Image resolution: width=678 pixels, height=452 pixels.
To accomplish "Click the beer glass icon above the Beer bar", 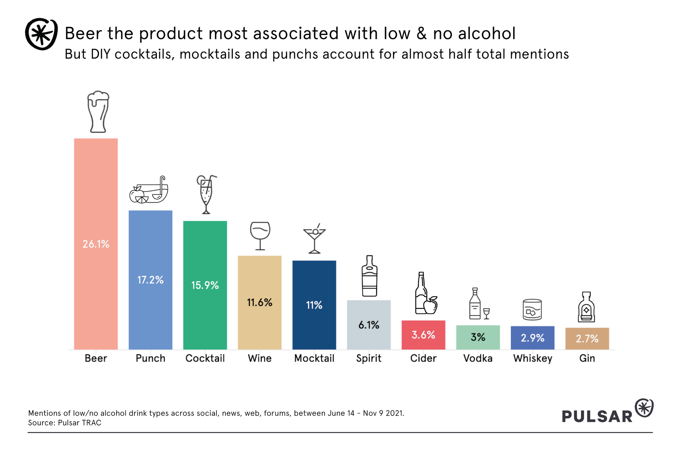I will coord(98,112).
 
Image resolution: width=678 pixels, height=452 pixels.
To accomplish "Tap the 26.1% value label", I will coord(96,244).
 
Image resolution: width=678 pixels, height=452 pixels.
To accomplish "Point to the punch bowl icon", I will coord(149,190).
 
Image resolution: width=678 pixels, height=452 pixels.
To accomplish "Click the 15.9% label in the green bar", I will coord(205,285).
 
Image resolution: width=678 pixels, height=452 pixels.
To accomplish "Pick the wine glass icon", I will coord(260,235).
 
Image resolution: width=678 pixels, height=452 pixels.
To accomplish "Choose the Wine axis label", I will coord(260,358).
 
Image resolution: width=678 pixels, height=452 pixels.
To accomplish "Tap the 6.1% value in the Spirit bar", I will coord(369,325).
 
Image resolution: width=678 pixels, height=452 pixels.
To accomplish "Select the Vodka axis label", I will coord(478,358).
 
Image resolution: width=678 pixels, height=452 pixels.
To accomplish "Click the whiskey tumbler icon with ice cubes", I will coord(532,310).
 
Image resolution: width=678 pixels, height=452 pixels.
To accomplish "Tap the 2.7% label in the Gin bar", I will coord(587,338).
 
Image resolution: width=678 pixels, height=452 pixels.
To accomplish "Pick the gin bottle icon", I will coord(586,307).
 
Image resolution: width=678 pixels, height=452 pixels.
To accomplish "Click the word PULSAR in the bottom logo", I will coord(597,416).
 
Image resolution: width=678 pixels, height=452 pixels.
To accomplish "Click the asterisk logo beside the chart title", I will coord(41,34).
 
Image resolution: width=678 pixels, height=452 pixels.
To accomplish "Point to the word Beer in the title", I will coord(83,33).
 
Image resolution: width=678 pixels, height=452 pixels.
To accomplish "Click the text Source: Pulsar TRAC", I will coord(65,423).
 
